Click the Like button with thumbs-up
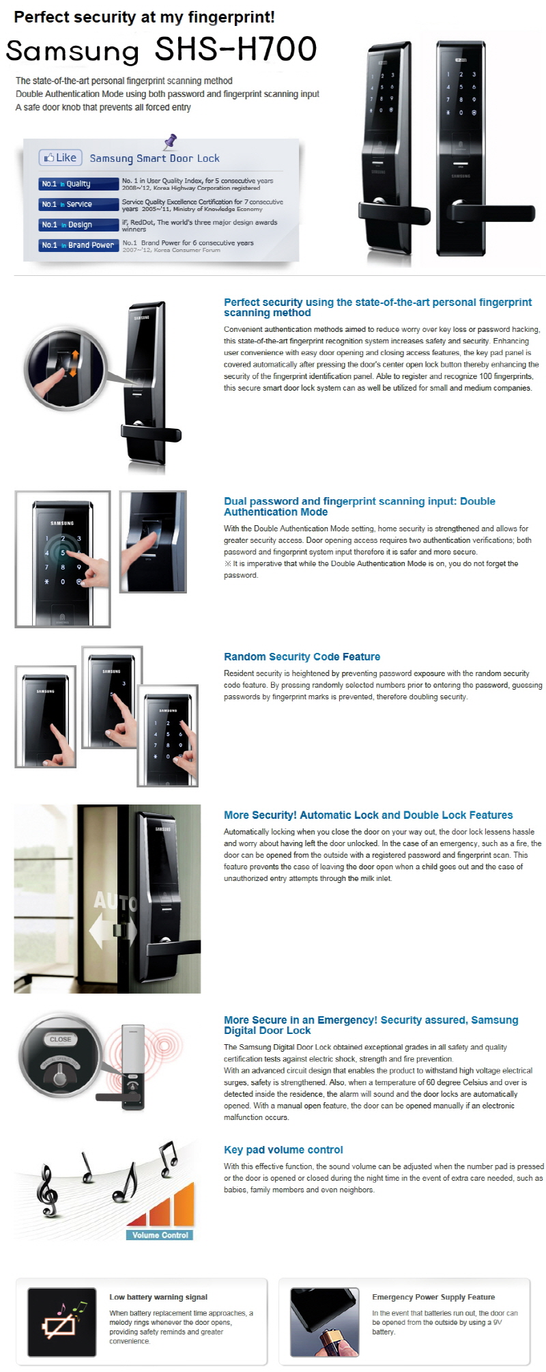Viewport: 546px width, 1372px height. click(x=61, y=158)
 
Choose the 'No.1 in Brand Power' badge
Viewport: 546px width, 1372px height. click(x=77, y=245)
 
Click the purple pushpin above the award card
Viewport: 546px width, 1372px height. click(x=170, y=141)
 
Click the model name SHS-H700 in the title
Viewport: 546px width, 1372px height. click(x=236, y=49)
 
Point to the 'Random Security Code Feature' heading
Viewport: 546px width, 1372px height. click(x=302, y=657)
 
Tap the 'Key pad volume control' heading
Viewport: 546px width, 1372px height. click(x=283, y=1150)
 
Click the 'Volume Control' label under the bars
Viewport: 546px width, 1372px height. click(x=160, y=1235)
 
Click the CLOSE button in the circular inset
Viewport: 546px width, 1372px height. click(x=60, y=1039)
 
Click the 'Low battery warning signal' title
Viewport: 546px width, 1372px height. click(x=158, y=1297)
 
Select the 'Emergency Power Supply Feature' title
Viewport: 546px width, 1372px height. click(x=433, y=1297)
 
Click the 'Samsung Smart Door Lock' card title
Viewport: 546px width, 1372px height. click(x=155, y=158)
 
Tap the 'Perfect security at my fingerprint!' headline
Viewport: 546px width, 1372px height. click(x=145, y=17)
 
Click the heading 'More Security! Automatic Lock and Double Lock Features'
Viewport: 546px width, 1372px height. click(x=369, y=815)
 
